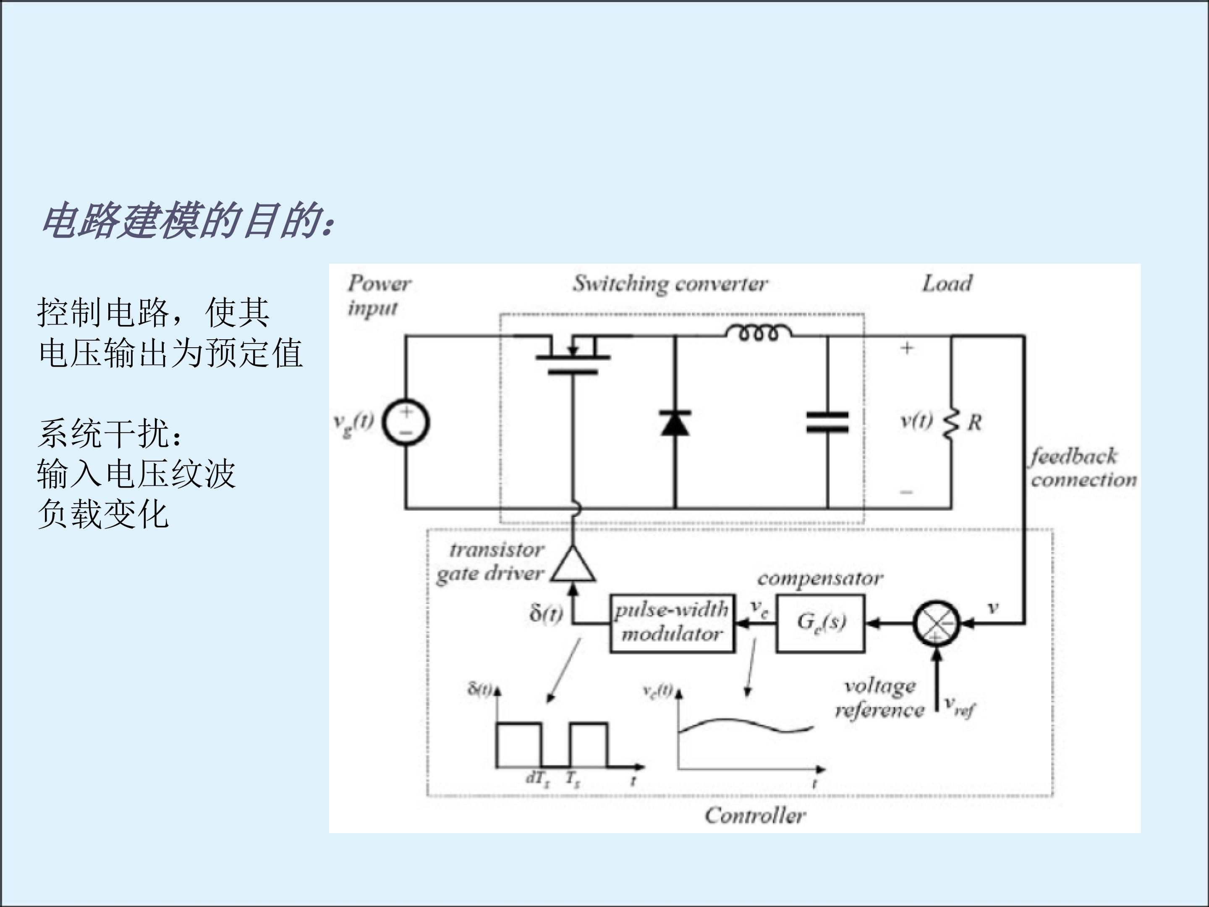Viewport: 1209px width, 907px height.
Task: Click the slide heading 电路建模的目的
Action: coord(186,221)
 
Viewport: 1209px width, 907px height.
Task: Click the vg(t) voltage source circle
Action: coord(406,422)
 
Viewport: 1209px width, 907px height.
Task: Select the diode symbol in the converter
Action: coord(675,422)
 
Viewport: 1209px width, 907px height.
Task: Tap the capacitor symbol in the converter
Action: coord(827,422)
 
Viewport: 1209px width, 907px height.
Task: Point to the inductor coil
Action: coord(758,333)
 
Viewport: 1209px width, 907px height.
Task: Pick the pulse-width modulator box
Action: coord(672,623)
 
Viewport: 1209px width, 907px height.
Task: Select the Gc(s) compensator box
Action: coord(820,623)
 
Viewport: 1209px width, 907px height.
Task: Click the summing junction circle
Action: coord(936,623)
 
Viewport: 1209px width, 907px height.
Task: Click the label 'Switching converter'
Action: coord(670,284)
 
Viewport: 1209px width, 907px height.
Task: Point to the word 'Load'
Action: coord(947,284)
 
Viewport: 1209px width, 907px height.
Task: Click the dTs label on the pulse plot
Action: coord(537,779)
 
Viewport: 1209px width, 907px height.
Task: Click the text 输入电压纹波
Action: coord(136,474)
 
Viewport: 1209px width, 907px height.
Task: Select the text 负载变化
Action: coord(103,514)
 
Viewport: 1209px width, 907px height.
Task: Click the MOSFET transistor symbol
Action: coord(572,355)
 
